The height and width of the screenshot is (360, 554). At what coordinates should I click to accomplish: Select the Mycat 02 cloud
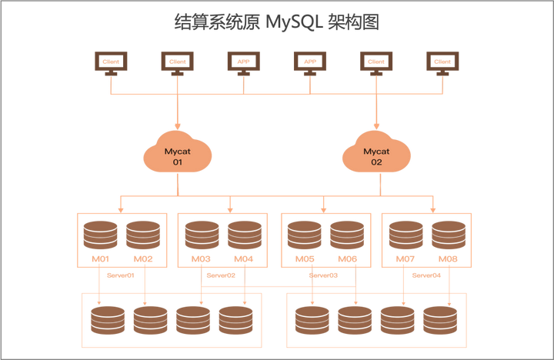377,154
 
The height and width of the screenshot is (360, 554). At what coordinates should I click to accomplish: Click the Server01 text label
121,273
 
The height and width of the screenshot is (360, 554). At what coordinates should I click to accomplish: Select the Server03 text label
325,273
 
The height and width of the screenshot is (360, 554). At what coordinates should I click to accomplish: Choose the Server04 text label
427,273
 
